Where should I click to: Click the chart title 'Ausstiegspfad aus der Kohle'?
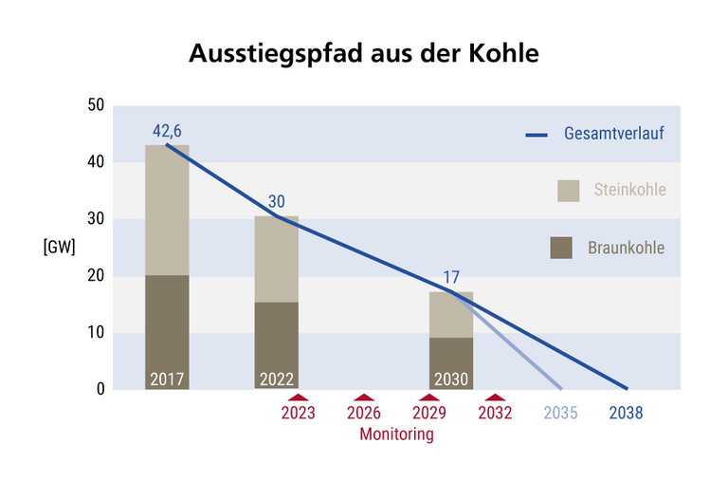tap(364, 53)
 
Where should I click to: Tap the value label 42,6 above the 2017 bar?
tap(168, 130)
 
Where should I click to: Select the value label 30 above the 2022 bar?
tap(277, 201)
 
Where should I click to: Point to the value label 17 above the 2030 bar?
tap(451, 278)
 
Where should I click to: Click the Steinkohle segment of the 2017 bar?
tap(168, 210)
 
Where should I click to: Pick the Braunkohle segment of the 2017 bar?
tap(168, 323)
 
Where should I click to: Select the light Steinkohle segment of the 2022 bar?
tap(277, 259)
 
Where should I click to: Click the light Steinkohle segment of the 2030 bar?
tap(451, 314)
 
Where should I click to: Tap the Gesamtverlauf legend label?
tap(612, 133)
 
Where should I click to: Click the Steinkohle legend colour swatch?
tap(568, 190)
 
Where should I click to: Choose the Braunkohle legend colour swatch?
tap(561, 248)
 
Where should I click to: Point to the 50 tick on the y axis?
tap(94, 105)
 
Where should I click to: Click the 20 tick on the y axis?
tap(94, 276)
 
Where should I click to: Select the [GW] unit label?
tap(59, 248)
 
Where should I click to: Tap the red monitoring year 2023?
tap(299, 413)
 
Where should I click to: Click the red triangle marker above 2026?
tap(364, 398)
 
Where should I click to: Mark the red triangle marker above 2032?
tap(496, 398)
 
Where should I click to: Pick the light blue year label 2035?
tap(561, 413)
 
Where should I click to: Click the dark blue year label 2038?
tap(627, 413)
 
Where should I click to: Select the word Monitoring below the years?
tap(396, 435)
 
